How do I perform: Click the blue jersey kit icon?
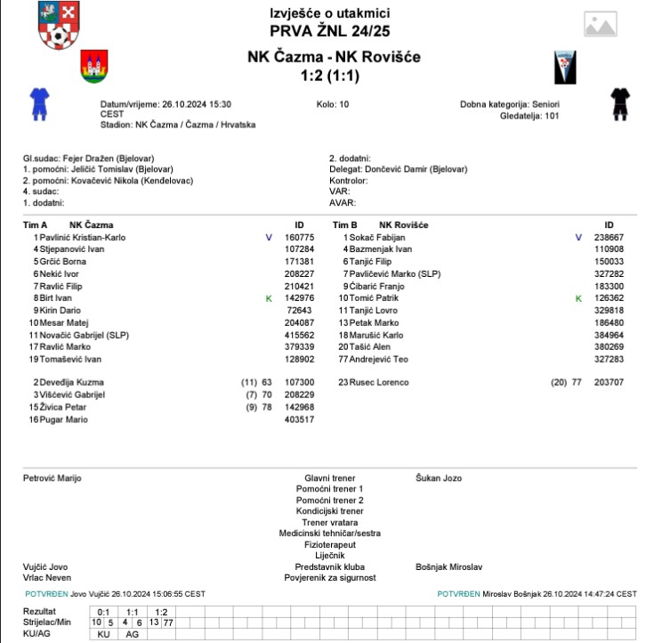tap(38, 103)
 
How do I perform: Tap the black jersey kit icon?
tap(620, 103)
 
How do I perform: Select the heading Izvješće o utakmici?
tap(329, 13)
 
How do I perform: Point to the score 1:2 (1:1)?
tap(329, 76)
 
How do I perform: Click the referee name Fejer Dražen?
tap(97, 159)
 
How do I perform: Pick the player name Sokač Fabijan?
tap(376, 238)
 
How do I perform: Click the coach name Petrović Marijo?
tap(52, 478)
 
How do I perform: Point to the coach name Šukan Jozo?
tap(439, 478)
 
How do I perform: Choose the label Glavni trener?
tap(329, 478)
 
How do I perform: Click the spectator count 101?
tap(552, 116)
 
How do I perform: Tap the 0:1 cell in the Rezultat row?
tap(103, 612)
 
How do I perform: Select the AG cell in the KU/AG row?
tap(132, 633)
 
